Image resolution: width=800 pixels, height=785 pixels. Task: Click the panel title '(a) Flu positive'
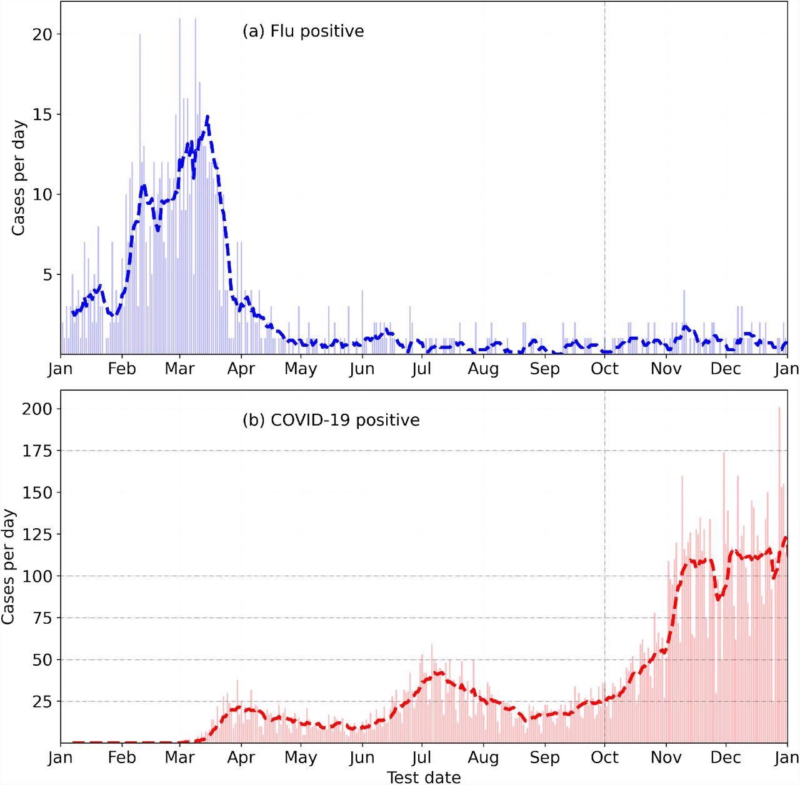coord(303,31)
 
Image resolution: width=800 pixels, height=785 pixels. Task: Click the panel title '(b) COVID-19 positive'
coord(331,420)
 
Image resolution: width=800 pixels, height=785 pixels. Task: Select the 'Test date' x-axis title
coord(424,777)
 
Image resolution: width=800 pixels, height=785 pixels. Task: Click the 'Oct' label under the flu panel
coord(604,369)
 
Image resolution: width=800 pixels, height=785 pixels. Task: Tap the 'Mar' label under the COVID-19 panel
coord(179,757)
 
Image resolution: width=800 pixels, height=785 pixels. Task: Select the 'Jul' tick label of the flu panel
coord(421,369)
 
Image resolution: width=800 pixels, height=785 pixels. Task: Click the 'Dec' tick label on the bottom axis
coord(725,757)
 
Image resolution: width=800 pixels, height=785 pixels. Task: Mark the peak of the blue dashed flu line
coord(207,116)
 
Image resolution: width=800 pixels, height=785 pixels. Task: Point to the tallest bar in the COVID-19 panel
coord(779,407)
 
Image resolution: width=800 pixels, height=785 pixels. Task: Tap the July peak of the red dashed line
coord(440,672)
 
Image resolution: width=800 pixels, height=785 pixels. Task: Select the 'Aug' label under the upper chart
coord(483,369)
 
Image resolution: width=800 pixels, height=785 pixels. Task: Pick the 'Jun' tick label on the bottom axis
coord(361,757)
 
